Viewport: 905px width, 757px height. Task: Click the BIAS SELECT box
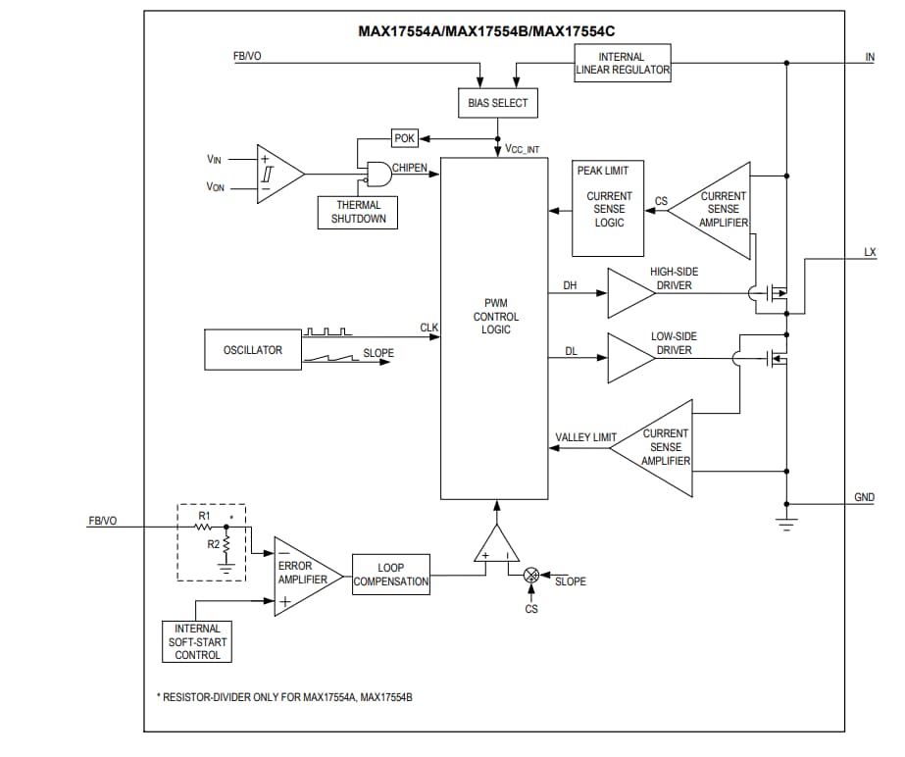pyautogui.click(x=497, y=103)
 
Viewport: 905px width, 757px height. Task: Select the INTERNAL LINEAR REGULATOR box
pyautogui.click(x=622, y=63)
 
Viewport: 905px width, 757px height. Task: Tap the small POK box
pyautogui.click(x=404, y=138)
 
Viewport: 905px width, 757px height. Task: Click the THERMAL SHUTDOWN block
pyautogui.click(x=358, y=212)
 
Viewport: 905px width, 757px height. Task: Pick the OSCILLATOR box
pyautogui.click(x=253, y=350)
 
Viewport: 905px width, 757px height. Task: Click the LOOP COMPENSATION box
pyautogui.click(x=391, y=575)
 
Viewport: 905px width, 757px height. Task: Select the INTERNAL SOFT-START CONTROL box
pyautogui.click(x=197, y=641)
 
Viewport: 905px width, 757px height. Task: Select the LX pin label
pyautogui.click(x=870, y=252)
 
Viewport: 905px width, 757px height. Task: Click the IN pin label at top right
pyautogui.click(x=870, y=57)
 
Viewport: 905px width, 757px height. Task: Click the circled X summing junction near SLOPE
pyautogui.click(x=531, y=575)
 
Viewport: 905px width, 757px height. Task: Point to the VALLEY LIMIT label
pyautogui.click(x=585, y=437)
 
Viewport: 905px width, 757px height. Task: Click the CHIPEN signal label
pyautogui.click(x=410, y=168)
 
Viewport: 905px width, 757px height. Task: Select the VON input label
pyautogui.click(x=215, y=187)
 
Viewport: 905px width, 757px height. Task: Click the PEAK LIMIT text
pyautogui.click(x=603, y=171)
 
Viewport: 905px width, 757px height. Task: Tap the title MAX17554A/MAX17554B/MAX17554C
pyautogui.click(x=493, y=30)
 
